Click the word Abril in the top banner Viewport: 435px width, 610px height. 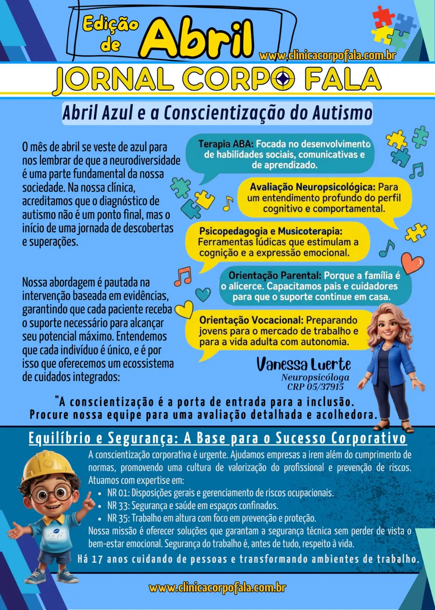coord(198,38)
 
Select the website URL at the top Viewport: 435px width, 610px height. coord(327,56)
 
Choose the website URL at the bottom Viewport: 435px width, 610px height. coord(217,588)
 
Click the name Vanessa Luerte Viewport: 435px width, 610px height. coord(303,364)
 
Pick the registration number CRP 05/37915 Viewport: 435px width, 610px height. coord(315,387)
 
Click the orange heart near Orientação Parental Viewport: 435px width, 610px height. coord(413,262)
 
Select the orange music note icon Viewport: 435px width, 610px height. coord(183,276)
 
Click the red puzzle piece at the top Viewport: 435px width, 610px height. coord(382,16)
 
